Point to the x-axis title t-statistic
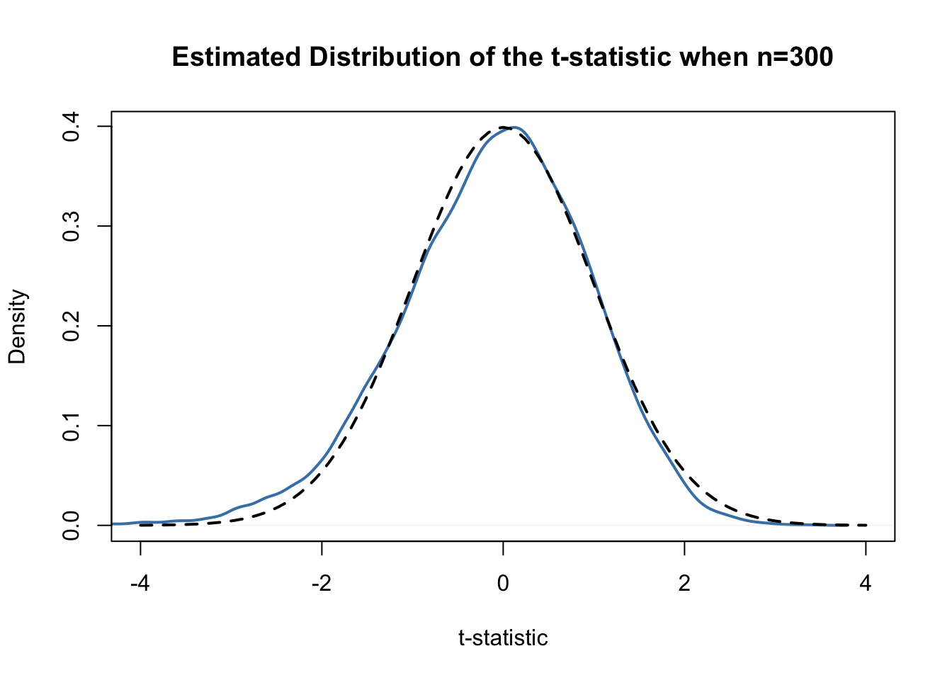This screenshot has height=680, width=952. (503, 638)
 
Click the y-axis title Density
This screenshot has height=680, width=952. (17, 327)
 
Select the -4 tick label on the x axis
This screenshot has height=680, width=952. (140, 584)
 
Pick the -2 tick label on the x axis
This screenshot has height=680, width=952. (322, 584)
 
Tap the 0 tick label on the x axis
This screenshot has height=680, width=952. (503, 584)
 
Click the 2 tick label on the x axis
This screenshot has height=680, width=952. (684, 584)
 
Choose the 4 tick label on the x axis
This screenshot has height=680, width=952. (866, 584)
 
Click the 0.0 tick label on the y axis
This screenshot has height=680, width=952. (71, 525)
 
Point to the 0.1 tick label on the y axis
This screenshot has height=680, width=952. (71, 426)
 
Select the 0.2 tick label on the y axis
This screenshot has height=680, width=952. (71, 326)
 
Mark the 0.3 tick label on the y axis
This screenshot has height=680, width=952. (71, 226)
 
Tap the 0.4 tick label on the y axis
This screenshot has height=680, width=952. (71, 127)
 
